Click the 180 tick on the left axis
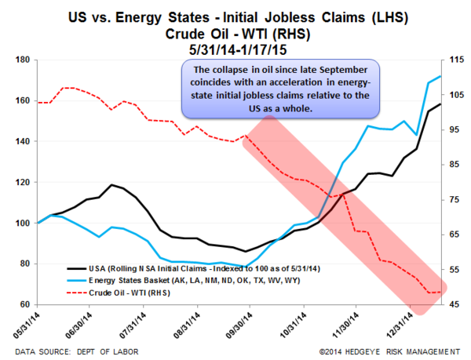click(21, 60)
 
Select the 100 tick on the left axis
click(21, 223)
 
